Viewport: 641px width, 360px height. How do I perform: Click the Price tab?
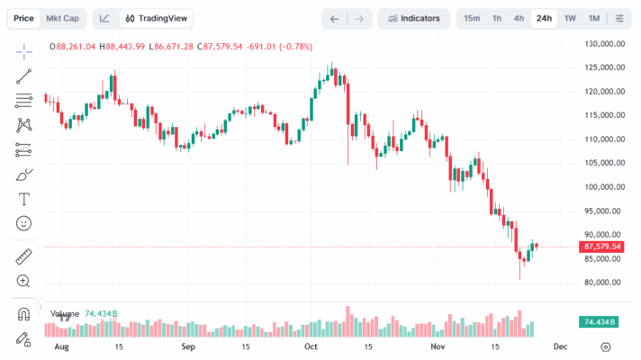coord(24,18)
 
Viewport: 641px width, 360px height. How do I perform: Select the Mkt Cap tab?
coord(62,18)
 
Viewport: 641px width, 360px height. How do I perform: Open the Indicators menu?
coord(414,18)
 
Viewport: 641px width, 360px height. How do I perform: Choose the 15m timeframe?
coord(472,18)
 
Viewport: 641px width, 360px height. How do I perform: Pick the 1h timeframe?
coord(497,18)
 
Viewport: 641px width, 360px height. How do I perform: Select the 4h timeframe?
coord(519,18)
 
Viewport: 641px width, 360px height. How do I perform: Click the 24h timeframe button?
coord(544,18)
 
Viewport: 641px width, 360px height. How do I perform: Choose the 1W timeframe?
coord(570,18)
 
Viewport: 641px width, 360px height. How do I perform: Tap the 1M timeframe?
coord(594,18)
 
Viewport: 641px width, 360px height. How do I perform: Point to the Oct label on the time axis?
coord(311,346)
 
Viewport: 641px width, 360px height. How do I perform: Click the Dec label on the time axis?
coord(560,346)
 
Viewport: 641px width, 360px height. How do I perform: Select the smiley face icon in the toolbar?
coord(24,222)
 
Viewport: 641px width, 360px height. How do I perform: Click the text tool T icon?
coord(24,198)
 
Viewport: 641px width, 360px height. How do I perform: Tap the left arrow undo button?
coord(335,18)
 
